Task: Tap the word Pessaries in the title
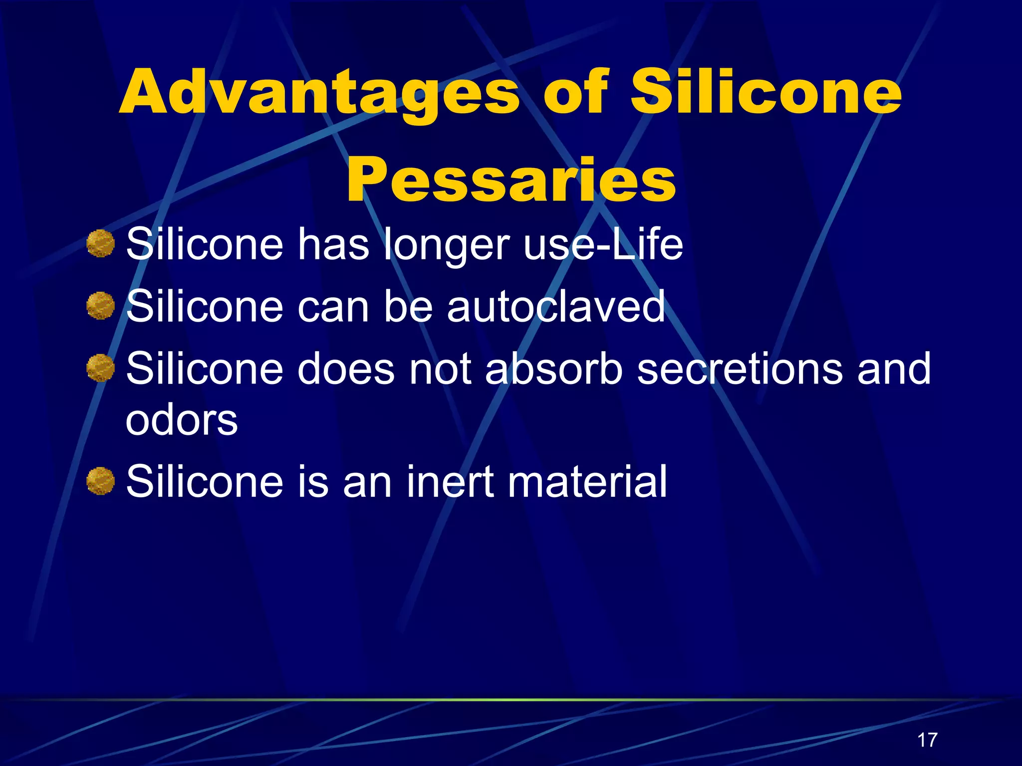(x=511, y=181)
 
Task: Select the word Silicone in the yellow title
(x=766, y=92)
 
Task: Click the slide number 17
(x=927, y=740)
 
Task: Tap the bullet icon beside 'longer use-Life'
(x=100, y=244)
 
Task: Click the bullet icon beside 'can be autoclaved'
(x=100, y=306)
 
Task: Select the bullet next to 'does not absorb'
(x=100, y=368)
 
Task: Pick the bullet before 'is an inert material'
(x=100, y=481)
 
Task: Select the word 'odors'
(x=182, y=420)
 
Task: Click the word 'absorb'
(x=554, y=369)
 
